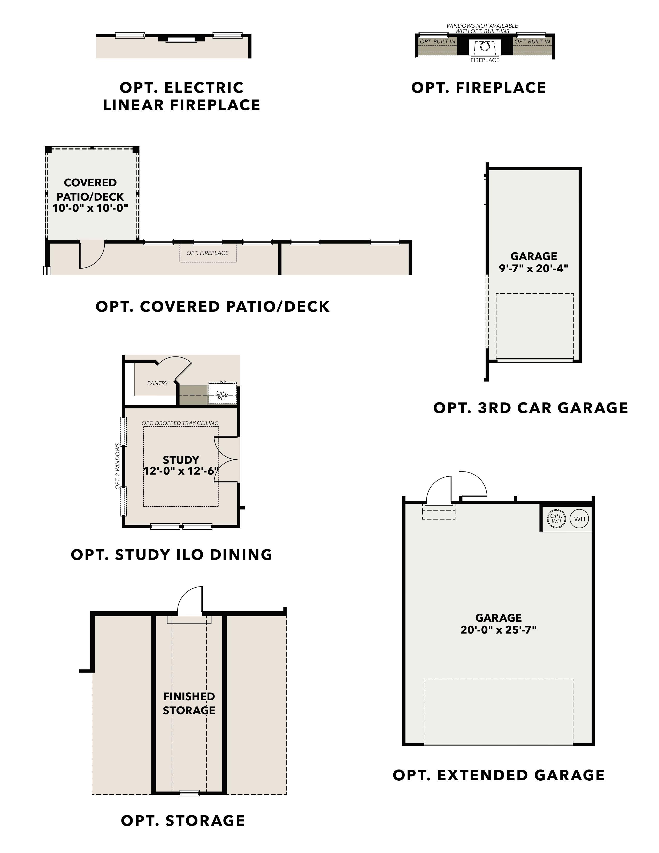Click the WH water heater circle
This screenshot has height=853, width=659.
[x=580, y=519]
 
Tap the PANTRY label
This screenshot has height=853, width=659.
[x=158, y=383]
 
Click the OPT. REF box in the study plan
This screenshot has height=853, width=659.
[x=222, y=395]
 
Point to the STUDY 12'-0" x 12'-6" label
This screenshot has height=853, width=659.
[x=181, y=465]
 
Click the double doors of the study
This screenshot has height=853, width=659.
[x=226, y=460]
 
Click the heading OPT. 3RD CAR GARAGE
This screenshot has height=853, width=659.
[x=531, y=408]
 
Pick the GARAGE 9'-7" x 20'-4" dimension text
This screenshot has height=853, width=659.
[x=534, y=262]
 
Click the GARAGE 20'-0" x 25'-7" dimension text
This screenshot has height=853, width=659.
[x=499, y=623]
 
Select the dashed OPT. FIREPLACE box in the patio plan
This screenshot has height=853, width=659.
[x=208, y=253]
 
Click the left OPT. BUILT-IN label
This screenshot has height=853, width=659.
[x=438, y=41]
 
